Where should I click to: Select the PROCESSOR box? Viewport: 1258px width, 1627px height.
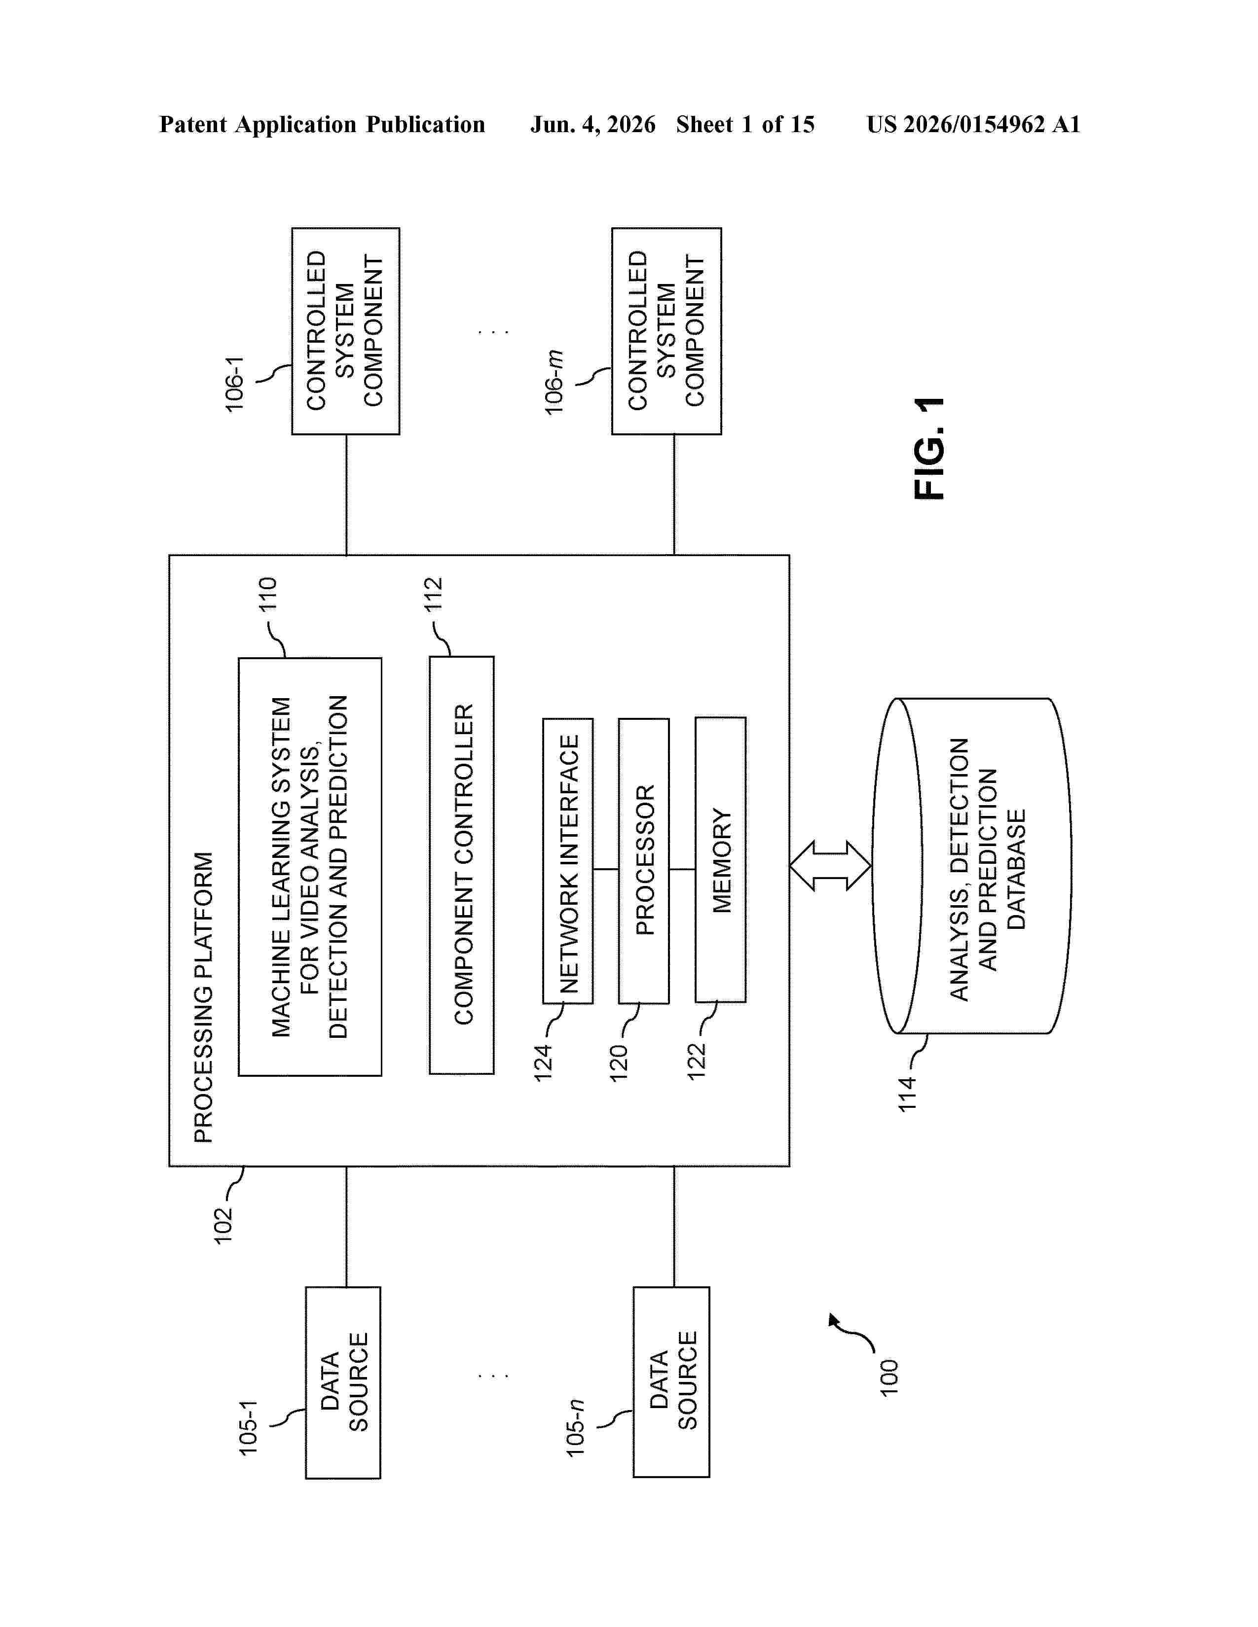[644, 860]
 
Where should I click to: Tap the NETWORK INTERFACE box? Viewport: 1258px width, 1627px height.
[568, 860]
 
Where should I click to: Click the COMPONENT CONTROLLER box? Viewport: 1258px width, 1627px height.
[461, 865]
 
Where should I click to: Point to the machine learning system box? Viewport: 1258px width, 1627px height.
[310, 866]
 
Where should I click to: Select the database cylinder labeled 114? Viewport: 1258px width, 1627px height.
[972, 866]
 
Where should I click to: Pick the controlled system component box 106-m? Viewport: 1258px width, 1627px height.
[667, 331]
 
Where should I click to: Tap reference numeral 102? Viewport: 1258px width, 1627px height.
[223, 1226]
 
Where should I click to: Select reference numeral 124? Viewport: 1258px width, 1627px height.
[543, 1063]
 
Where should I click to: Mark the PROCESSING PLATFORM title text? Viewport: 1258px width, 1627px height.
[203, 997]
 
